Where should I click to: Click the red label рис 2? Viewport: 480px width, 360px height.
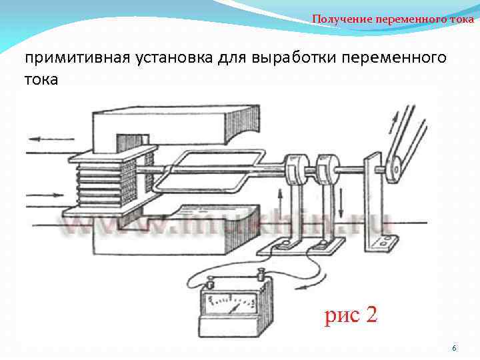351,315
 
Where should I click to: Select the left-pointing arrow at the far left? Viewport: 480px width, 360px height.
44,140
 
